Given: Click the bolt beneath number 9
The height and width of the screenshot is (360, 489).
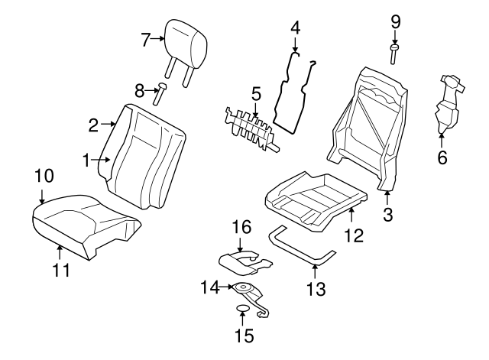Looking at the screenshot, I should tap(395, 54).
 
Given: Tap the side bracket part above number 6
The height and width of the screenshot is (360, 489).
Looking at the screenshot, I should tap(445, 103).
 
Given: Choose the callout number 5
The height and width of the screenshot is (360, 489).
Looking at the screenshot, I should tap(256, 95).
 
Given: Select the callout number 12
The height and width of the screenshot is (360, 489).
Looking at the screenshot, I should tap(352, 236).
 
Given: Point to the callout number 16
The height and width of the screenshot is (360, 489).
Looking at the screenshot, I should tap(241, 227).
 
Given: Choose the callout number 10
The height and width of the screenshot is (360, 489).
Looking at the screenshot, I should tap(44, 176).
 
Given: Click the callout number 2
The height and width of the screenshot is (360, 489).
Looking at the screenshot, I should tap(93, 124).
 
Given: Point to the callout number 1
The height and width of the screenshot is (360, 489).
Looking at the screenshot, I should tap(88, 160).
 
